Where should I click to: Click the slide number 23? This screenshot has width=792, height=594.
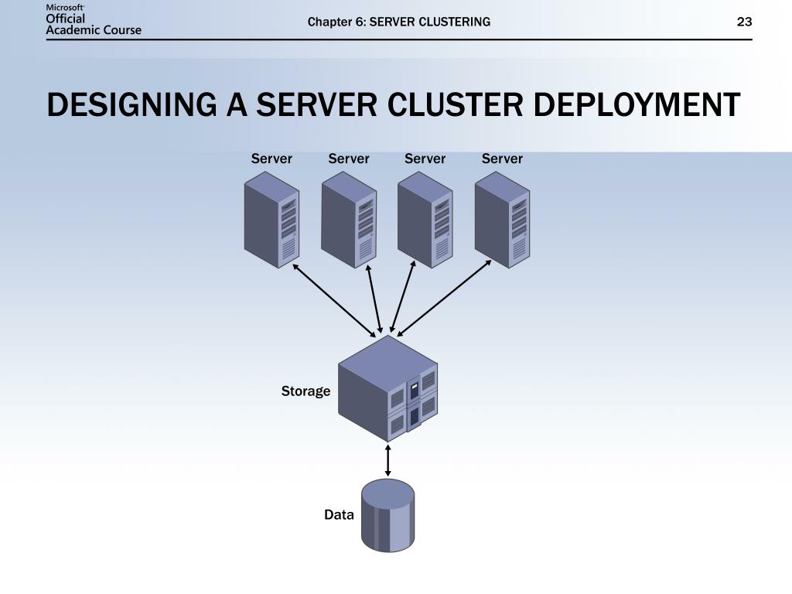(x=744, y=22)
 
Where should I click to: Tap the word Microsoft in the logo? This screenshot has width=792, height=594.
(x=65, y=7)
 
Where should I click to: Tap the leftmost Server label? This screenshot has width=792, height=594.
(x=271, y=159)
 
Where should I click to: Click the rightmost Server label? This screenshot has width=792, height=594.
(x=502, y=159)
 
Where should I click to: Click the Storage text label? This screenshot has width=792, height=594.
(x=306, y=391)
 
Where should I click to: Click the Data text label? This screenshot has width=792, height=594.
(x=339, y=514)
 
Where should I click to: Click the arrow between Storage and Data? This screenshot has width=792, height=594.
(x=387, y=460)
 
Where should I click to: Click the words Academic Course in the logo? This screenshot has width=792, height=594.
(x=94, y=30)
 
